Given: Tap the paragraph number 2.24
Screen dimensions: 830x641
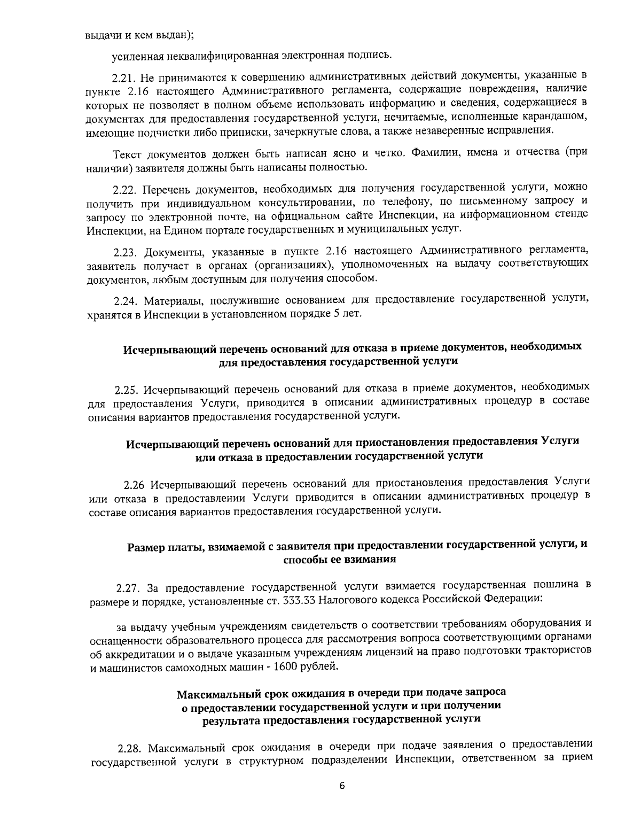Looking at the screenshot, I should click(x=127, y=299).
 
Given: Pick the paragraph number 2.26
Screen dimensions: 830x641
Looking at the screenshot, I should click(x=134, y=485).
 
